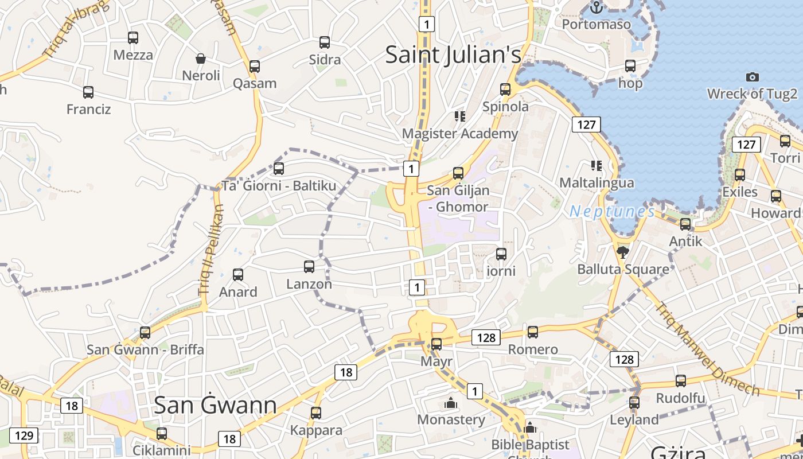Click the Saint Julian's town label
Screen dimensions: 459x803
pyautogui.click(x=453, y=55)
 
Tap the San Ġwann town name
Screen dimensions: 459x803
pyautogui.click(x=215, y=405)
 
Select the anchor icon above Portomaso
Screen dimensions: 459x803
pyautogui.click(x=597, y=8)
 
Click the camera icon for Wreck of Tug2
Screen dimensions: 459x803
pyautogui.click(x=752, y=77)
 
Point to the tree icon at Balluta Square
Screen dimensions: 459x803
pyautogui.click(x=622, y=252)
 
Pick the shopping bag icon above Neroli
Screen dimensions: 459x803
pyautogui.click(x=201, y=59)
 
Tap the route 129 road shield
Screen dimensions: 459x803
pyautogui.click(x=24, y=435)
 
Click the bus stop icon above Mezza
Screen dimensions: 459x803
pyautogui.click(x=133, y=38)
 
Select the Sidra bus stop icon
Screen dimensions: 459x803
pyautogui.click(x=325, y=42)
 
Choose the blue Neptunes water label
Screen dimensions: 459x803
pyautogui.click(x=612, y=212)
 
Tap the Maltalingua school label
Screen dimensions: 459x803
pyautogui.click(x=597, y=182)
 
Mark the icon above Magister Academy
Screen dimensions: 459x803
pyautogui.click(x=459, y=116)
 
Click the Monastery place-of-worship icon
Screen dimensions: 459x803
pyautogui.click(x=451, y=403)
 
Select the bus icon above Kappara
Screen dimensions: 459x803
pyautogui.click(x=316, y=413)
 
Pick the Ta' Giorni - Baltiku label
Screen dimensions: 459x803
pyautogui.click(x=279, y=186)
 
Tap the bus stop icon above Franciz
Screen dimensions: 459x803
pyautogui.click(x=88, y=92)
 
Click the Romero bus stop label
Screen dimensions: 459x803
pyautogui.click(x=532, y=349)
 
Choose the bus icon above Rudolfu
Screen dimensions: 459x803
pyautogui.click(x=681, y=380)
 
